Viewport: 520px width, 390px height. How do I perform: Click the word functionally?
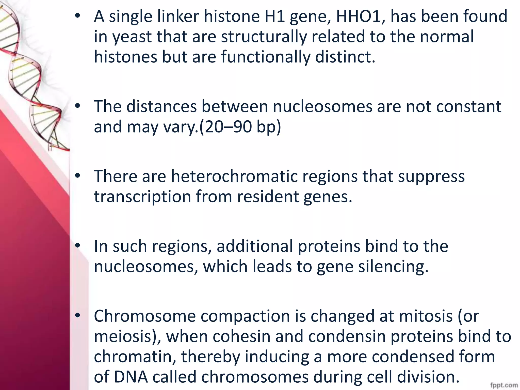click(x=266, y=57)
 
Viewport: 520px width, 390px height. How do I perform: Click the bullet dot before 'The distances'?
click(x=78, y=106)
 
